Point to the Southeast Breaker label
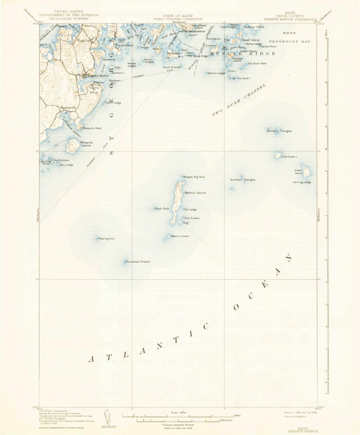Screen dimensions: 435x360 point(138,262)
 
